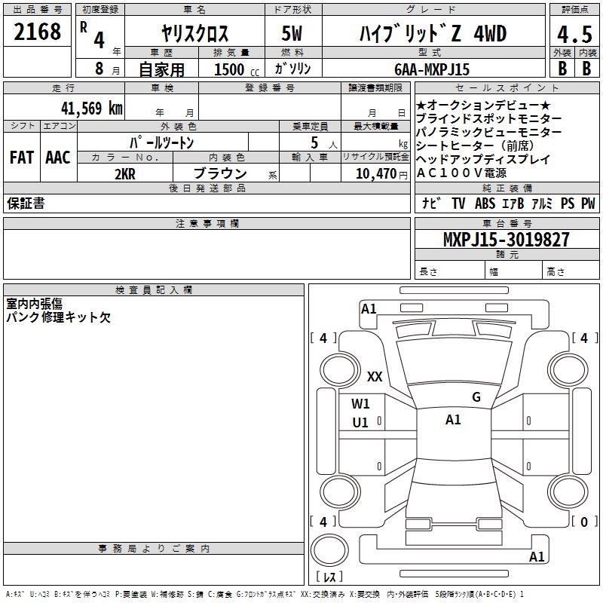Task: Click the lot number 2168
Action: pyautogui.click(x=38, y=32)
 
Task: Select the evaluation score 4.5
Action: pyautogui.click(x=574, y=35)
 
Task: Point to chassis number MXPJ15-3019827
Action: pyautogui.click(x=507, y=240)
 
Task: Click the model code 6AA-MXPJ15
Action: pyautogui.click(x=432, y=69)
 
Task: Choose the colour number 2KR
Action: pyautogui.click(x=124, y=173)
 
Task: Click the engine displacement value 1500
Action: pyautogui.click(x=228, y=69)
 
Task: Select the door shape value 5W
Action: pyautogui.click(x=292, y=35)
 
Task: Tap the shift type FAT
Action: pyautogui.click(x=21, y=157)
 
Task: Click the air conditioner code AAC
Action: pyautogui.click(x=58, y=157)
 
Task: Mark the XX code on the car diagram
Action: pyautogui.click(x=375, y=376)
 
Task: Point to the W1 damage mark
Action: pyautogui.click(x=360, y=403)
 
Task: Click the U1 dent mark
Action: pyautogui.click(x=360, y=423)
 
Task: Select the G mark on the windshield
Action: pyautogui.click(x=476, y=397)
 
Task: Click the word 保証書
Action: pyautogui.click(x=26, y=204)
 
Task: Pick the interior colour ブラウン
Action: pyautogui.click(x=220, y=173)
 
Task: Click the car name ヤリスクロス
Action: pyautogui.click(x=195, y=35)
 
